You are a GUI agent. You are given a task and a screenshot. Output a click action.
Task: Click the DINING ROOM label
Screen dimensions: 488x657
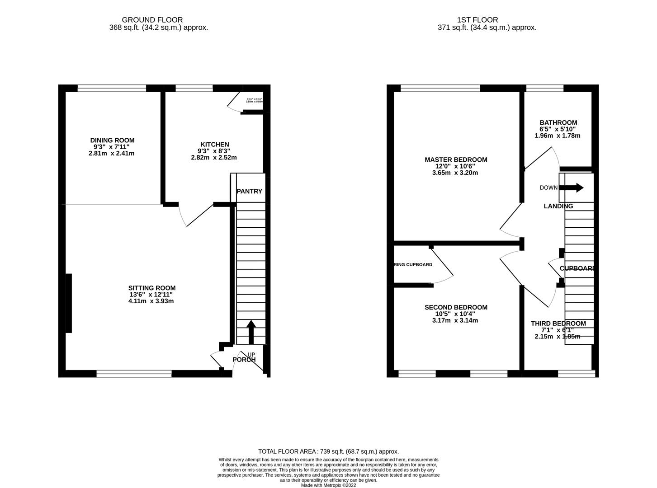112,141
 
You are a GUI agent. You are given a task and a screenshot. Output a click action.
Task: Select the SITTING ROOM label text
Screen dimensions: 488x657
151,288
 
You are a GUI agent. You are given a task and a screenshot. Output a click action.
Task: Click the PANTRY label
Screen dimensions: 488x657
249,191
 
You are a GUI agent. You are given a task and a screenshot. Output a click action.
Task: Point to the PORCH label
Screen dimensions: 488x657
244,360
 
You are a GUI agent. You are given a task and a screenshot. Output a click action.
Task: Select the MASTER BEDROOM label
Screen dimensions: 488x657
456,160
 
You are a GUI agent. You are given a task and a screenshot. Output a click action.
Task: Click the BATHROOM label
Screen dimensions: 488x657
558,122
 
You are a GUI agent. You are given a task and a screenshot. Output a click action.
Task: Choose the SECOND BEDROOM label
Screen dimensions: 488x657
456,307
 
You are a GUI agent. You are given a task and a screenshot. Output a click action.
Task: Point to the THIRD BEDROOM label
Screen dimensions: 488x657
558,324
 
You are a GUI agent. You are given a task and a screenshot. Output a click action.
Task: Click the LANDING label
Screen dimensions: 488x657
558,206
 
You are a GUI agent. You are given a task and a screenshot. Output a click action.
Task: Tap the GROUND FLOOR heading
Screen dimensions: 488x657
152,20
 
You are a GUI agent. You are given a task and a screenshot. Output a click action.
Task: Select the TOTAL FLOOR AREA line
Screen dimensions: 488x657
328,451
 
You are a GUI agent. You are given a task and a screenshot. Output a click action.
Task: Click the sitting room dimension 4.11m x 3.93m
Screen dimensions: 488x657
151,301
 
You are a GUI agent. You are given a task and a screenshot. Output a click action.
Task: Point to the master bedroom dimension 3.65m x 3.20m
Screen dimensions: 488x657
455,173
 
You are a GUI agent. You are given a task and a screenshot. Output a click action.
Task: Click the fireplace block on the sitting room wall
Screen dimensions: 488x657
69,303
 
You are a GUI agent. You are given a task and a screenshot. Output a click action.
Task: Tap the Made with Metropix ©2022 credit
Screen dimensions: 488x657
328,485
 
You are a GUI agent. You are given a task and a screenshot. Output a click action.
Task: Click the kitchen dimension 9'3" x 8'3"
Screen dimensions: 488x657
214,151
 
